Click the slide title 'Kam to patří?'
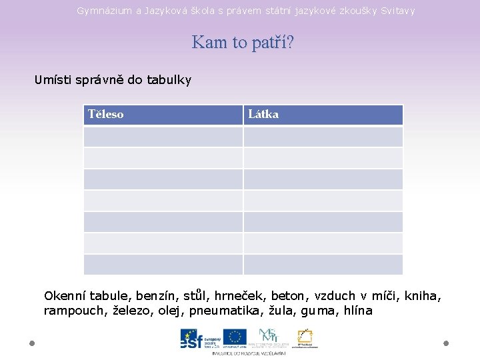243,43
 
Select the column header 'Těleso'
106,114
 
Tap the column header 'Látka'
263,114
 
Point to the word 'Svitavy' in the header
397,11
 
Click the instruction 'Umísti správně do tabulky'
113,80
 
